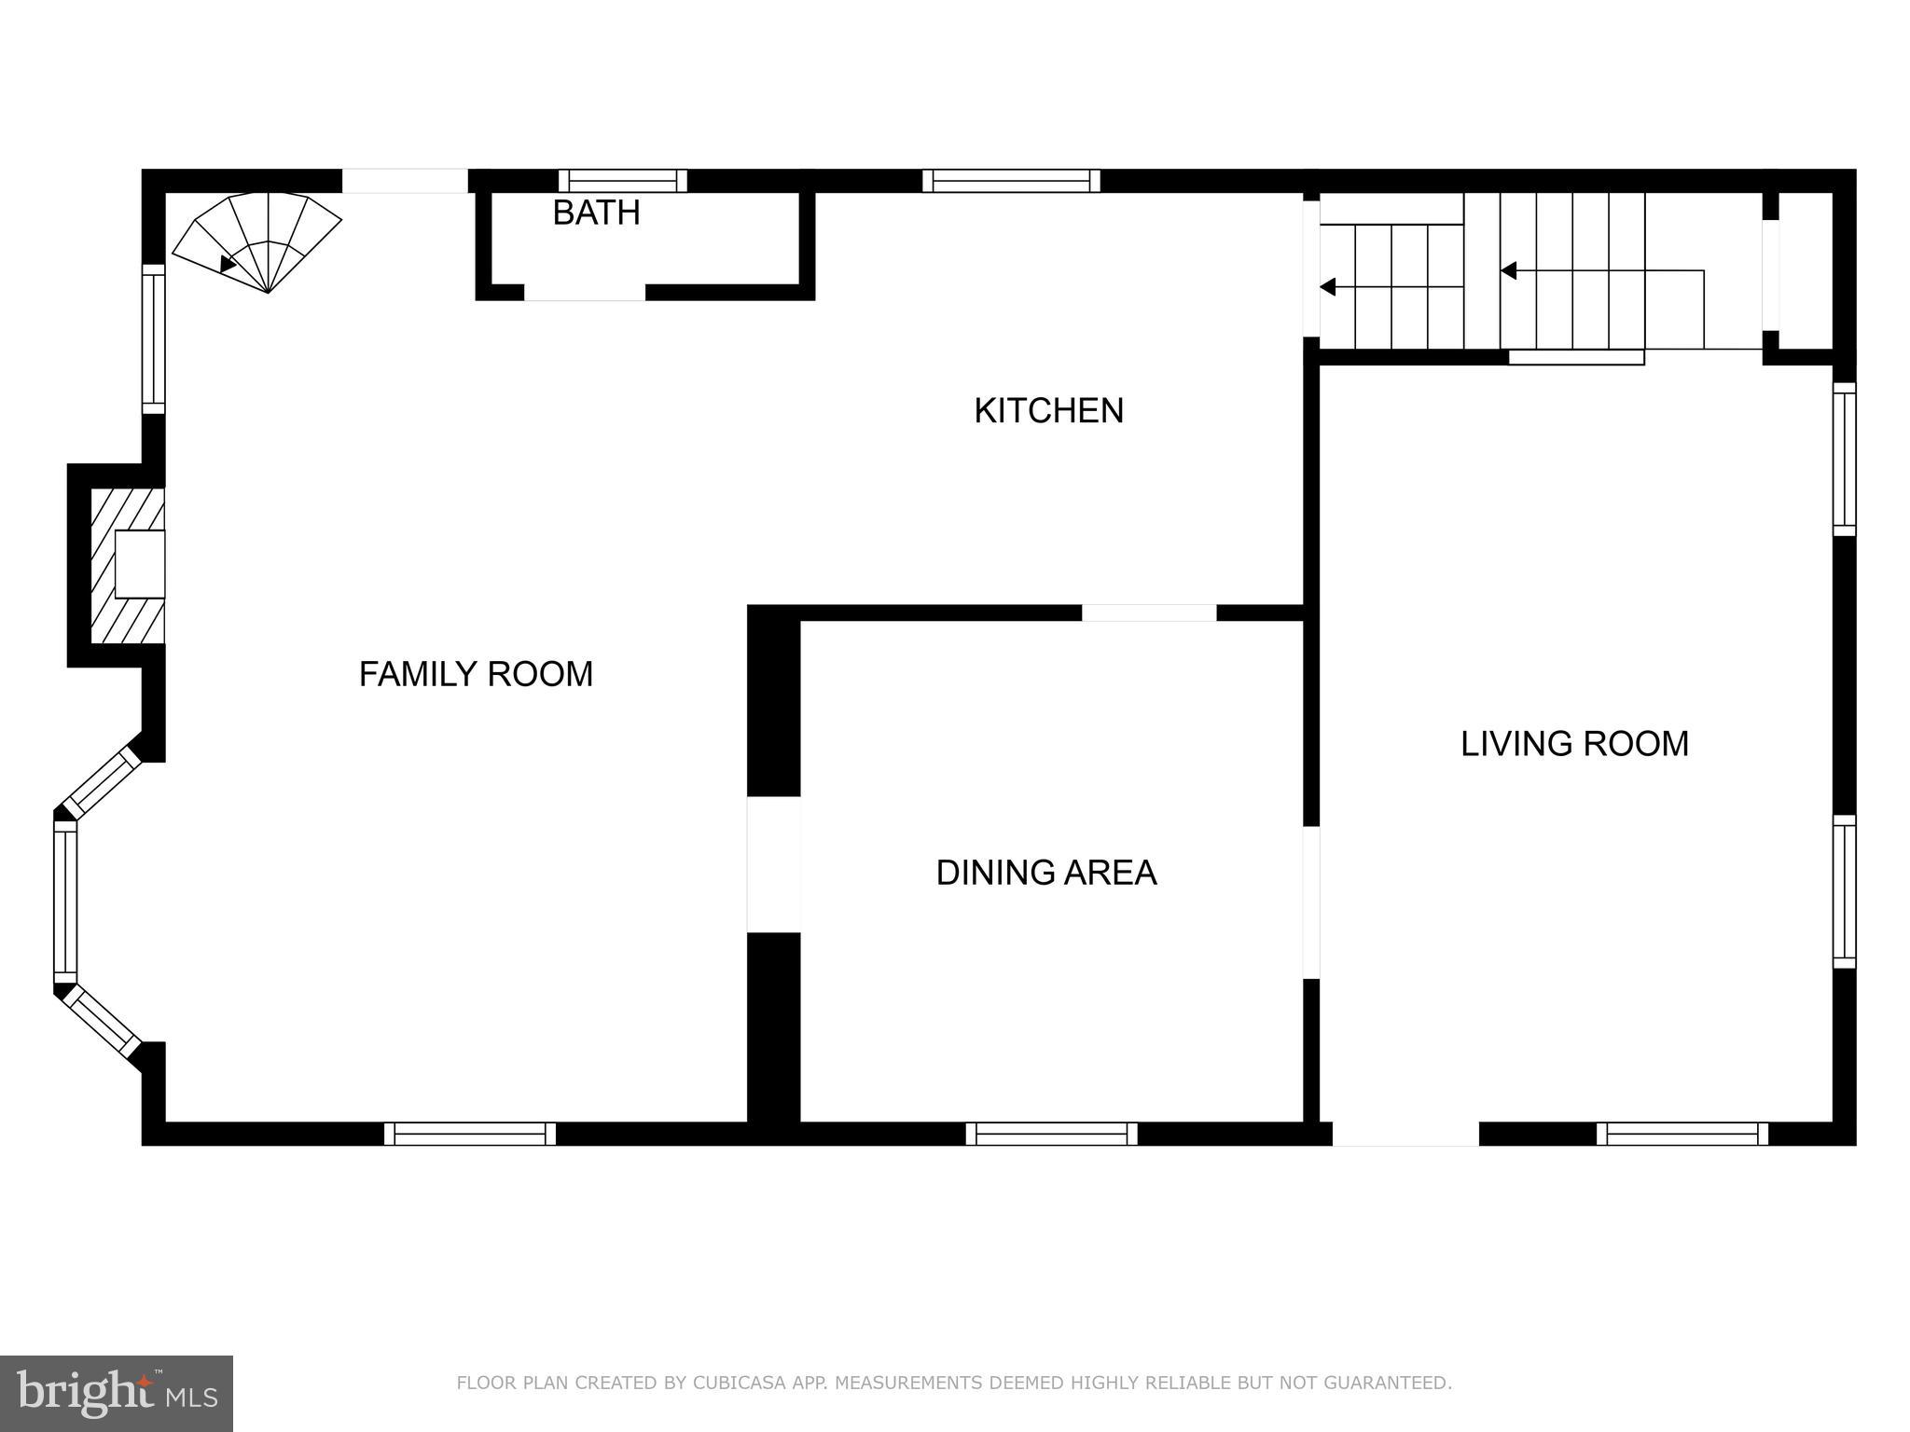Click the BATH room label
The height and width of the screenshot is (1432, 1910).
pos(596,213)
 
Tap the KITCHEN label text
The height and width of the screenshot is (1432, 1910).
pos(1048,410)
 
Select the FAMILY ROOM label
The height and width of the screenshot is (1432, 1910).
pos(476,673)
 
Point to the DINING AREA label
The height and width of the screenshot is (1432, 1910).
pos(1045,873)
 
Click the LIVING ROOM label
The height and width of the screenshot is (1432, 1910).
pos(1574,743)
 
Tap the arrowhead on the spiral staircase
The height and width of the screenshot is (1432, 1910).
pos(228,265)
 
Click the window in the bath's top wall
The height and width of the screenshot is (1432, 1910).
pos(623,180)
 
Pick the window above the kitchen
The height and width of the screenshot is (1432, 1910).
pos(1011,180)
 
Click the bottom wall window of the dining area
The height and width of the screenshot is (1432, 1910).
pos(1051,1134)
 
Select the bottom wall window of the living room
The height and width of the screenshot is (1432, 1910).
pos(1682,1134)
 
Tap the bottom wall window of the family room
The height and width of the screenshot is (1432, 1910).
pos(469,1134)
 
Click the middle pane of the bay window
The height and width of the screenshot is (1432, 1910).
pos(65,901)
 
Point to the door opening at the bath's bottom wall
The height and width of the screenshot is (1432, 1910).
pos(584,293)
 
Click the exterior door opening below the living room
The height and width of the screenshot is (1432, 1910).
pos(1405,1134)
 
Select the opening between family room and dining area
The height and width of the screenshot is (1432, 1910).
pos(773,863)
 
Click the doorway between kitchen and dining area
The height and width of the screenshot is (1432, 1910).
pos(1149,613)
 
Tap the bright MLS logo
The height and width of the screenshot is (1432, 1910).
pos(117,1393)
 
